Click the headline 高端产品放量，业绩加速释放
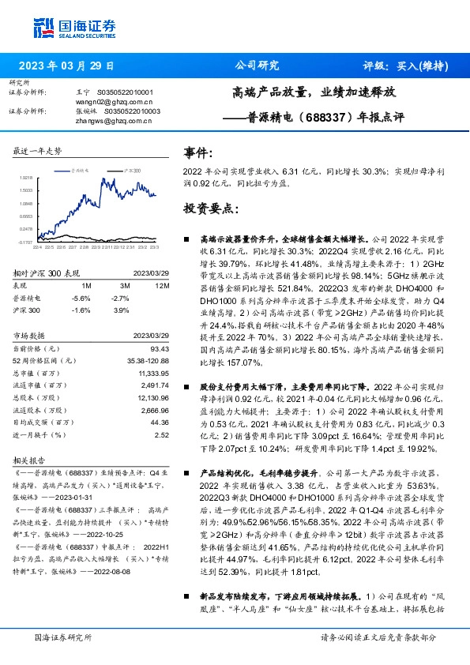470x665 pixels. pyautogui.click(x=314, y=92)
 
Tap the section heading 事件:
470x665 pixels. pyautogui.click(x=197, y=152)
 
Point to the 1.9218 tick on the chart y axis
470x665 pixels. pyautogui.click(x=25, y=178)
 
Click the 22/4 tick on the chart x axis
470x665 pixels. pyautogui.click(x=37, y=246)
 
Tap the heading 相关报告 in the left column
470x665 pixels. pyautogui.click(x=31, y=458)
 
